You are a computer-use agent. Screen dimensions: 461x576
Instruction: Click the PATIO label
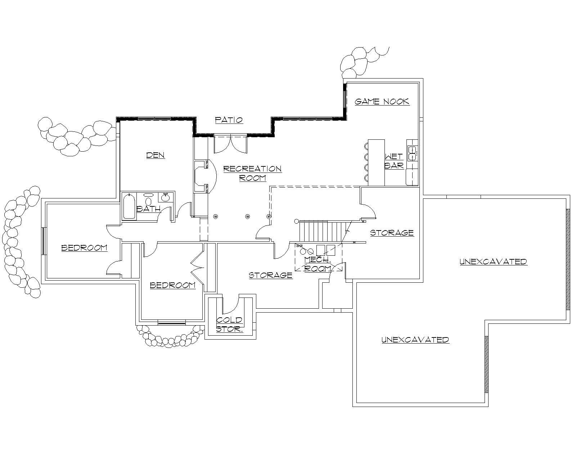click(x=229, y=120)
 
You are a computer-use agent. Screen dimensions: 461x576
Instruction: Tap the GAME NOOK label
click(x=382, y=102)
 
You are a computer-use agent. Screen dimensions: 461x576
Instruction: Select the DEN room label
click(x=156, y=155)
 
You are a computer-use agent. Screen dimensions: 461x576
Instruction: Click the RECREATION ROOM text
click(x=252, y=173)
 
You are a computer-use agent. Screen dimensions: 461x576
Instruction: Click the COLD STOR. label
click(x=229, y=325)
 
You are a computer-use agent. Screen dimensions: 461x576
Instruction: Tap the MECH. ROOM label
click(x=318, y=264)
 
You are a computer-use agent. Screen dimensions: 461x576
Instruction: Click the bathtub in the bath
click(x=129, y=206)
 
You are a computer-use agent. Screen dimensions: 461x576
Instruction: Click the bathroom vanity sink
click(x=165, y=197)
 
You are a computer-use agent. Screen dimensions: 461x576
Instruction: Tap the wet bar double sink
click(x=412, y=153)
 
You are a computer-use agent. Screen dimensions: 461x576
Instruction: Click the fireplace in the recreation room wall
click(x=201, y=176)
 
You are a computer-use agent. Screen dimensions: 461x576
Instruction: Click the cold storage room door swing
click(x=230, y=305)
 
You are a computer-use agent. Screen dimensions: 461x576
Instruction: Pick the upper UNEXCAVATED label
click(x=493, y=262)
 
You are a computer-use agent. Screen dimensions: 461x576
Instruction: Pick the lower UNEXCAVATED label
click(x=415, y=340)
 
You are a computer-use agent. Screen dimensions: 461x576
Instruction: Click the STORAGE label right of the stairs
click(x=392, y=233)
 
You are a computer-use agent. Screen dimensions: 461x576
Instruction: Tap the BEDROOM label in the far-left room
click(x=84, y=248)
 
